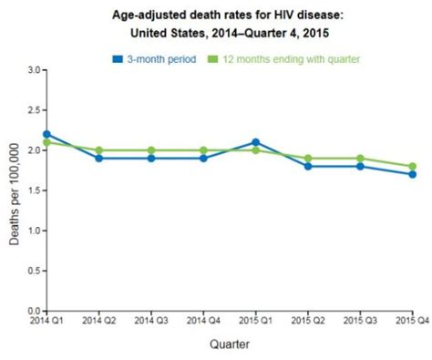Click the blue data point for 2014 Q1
46,134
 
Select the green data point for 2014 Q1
46,142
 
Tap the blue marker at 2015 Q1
255,142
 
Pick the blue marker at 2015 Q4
413,174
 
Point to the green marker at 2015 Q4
413,166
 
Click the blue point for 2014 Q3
151,158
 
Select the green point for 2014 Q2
98,150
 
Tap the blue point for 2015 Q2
308,166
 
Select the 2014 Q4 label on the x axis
203,321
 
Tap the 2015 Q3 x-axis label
360,321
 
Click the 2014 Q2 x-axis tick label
98,321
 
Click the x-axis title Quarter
229,345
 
